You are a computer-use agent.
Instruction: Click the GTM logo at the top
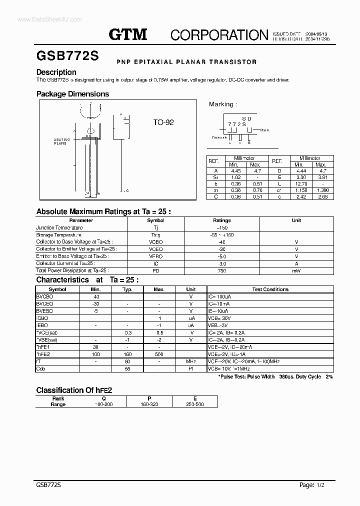click(128, 34)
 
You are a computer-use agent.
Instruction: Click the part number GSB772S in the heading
click(67, 56)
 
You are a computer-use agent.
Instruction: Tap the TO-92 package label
click(163, 122)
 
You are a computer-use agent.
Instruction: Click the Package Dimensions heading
click(72, 94)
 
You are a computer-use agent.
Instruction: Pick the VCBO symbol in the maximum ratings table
click(155, 241)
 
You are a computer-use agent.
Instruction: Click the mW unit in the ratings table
click(296, 270)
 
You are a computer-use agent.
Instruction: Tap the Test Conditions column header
click(270, 289)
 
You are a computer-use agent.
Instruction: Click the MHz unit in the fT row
click(191, 361)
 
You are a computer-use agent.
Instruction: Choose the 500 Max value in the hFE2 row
click(159, 354)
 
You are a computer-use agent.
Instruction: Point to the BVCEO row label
click(45, 303)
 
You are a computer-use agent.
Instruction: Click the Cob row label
click(40, 368)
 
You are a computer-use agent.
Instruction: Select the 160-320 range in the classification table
click(149, 404)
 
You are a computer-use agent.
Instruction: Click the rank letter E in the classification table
click(195, 398)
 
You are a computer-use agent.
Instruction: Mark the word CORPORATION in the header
click(219, 34)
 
